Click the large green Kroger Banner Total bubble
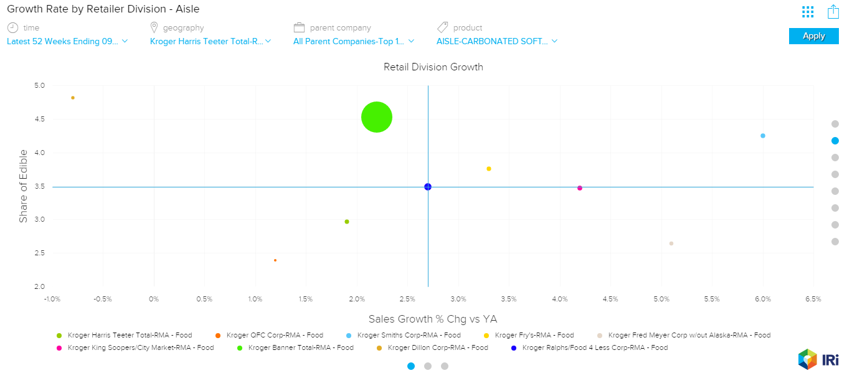pyautogui.click(x=377, y=117)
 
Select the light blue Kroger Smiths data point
pyautogui.click(x=763, y=136)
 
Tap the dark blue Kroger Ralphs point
pyautogui.click(x=428, y=187)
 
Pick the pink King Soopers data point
pyautogui.click(x=580, y=188)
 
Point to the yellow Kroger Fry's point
pyautogui.click(x=489, y=169)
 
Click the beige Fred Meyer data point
pyautogui.click(x=671, y=243)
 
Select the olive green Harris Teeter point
pyautogui.click(x=347, y=222)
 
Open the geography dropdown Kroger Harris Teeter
pyautogui.click(x=211, y=42)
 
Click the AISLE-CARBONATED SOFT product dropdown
pyautogui.click(x=497, y=42)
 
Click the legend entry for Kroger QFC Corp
pyautogui.click(x=274, y=335)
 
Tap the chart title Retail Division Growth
pyautogui.click(x=433, y=67)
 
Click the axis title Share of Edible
pyautogui.click(x=23, y=186)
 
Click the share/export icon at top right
pyautogui.click(x=833, y=12)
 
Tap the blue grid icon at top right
pyautogui.click(x=808, y=12)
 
